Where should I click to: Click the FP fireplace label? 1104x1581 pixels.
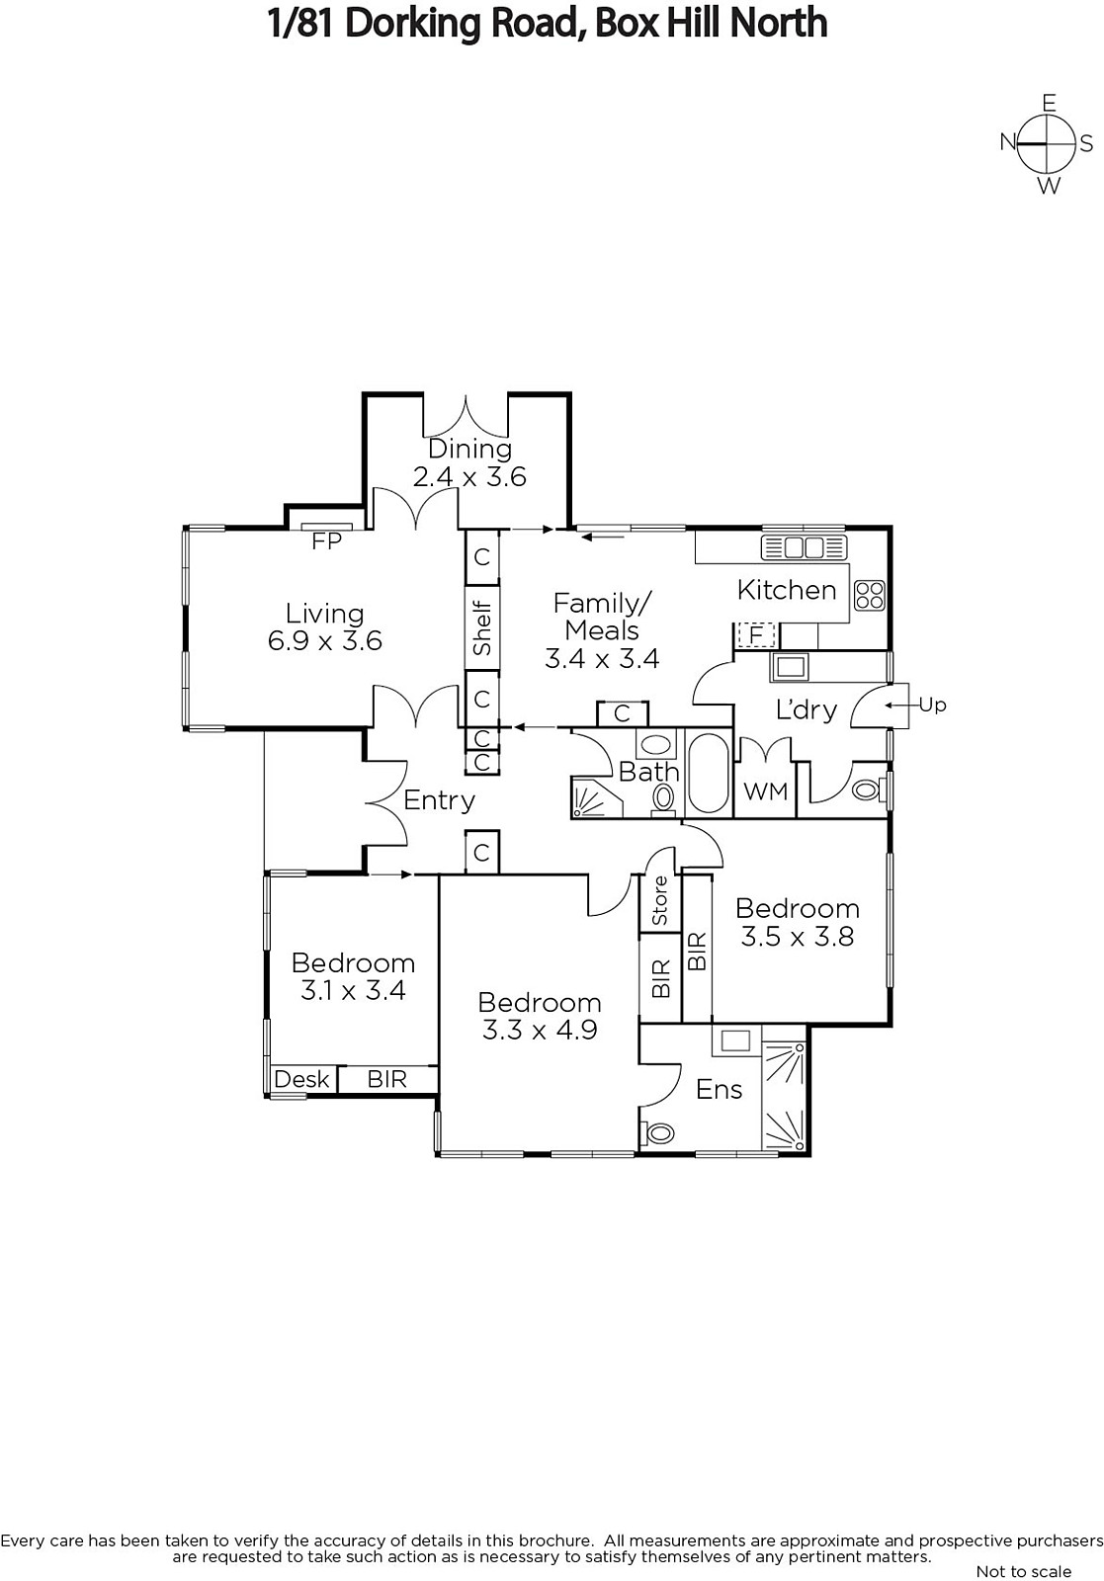click(326, 541)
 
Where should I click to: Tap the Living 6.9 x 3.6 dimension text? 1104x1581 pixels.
click(325, 640)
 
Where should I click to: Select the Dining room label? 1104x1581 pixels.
click(469, 449)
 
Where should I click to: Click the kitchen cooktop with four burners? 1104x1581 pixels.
click(870, 594)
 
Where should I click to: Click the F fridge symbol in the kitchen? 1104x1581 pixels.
click(756, 633)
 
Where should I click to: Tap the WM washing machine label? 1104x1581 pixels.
click(766, 790)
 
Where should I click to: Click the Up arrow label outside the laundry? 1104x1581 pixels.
click(932, 705)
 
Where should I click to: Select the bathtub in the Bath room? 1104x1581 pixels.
click(707, 774)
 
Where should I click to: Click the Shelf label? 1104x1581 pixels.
click(482, 628)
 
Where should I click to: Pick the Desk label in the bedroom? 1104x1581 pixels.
click(301, 1079)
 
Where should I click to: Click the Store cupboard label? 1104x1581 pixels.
click(660, 901)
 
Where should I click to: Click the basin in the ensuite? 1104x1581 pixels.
click(735, 1040)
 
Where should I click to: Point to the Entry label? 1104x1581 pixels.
click(440, 800)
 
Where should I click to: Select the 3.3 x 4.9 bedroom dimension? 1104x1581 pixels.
click(540, 1030)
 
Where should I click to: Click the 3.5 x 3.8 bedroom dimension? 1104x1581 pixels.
click(798, 936)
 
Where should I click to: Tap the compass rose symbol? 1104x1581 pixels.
click(1048, 143)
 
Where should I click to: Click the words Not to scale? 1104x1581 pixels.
click(1023, 1571)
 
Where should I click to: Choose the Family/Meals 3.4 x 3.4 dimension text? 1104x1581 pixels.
click(602, 658)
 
